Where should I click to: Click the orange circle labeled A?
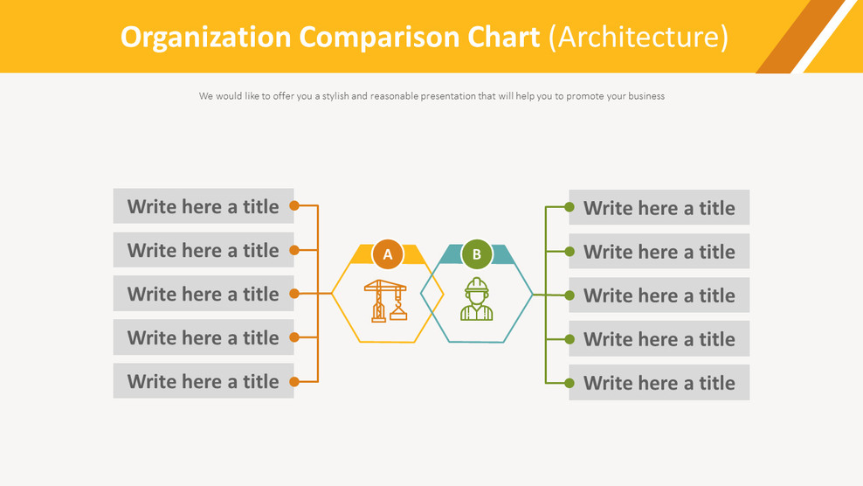click(388, 254)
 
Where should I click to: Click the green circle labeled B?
click(477, 254)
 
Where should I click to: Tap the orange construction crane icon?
click(385, 301)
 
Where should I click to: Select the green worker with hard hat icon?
click(477, 300)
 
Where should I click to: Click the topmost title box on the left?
click(204, 206)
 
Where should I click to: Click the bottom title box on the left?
click(204, 381)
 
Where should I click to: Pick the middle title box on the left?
click(204, 294)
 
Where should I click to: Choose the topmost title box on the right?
click(659, 208)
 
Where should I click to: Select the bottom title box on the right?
click(659, 383)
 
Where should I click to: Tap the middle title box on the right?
click(659, 295)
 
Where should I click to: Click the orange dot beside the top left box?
click(294, 206)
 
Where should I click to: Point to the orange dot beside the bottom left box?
click(294, 381)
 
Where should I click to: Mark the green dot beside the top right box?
click(570, 207)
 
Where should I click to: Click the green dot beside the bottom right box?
click(570, 383)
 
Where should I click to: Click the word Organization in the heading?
click(205, 38)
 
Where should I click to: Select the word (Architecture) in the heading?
click(639, 38)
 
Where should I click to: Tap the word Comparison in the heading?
click(369, 38)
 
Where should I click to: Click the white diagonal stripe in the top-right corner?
click(825, 37)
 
